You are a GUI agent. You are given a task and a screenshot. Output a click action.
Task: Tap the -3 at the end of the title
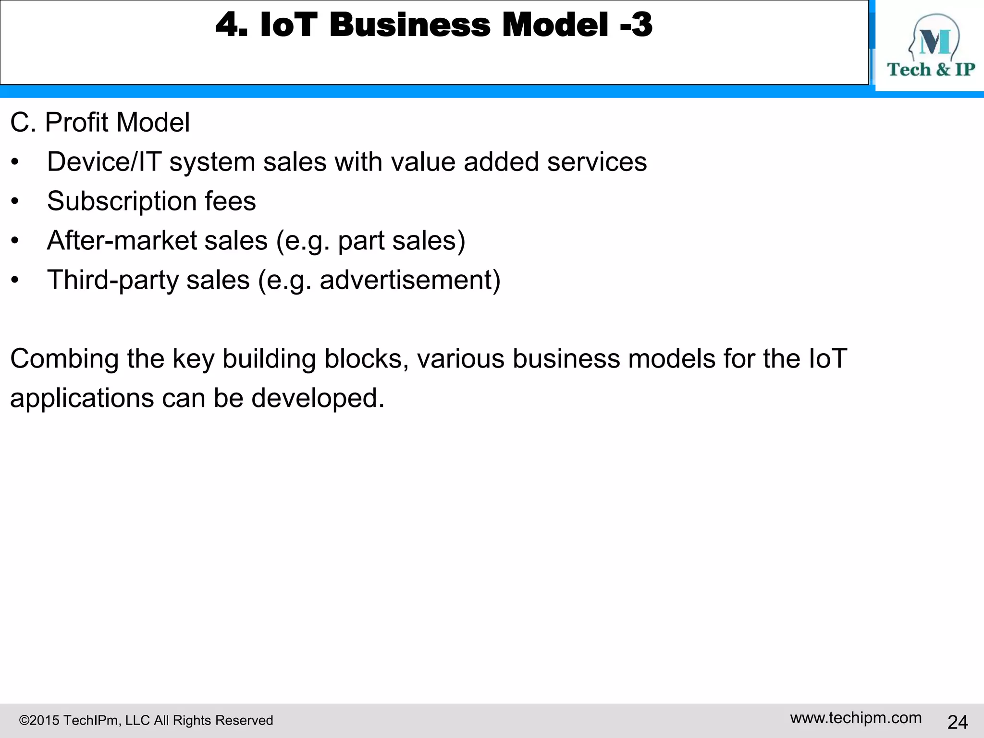tap(636, 25)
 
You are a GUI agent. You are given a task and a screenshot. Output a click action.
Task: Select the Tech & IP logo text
tap(931, 70)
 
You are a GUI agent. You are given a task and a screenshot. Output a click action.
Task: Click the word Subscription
tap(122, 201)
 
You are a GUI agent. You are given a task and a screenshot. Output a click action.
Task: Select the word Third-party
tap(112, 280)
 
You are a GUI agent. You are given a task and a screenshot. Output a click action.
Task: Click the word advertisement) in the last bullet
tap(410, 280)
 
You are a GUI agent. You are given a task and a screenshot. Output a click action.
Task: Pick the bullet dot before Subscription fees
tap(15, 202)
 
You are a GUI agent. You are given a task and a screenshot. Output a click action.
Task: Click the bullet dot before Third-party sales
tap(15, 281)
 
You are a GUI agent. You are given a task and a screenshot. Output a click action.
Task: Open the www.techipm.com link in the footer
tap(856, 718)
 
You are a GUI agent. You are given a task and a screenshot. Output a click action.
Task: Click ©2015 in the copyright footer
tap(39, 721)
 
